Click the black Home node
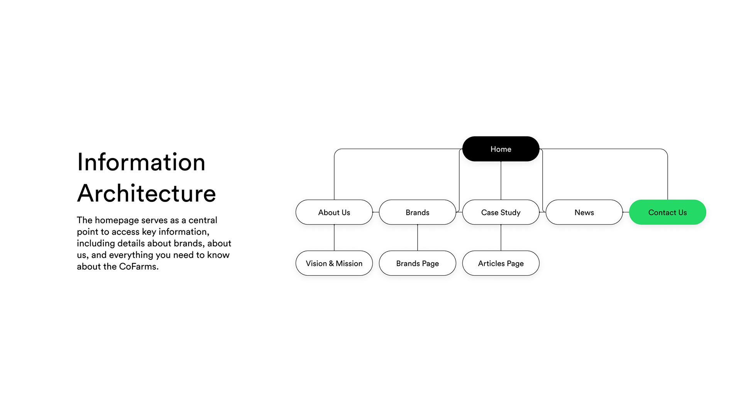click(x=501, y=149)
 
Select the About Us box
click(x=334, y=212)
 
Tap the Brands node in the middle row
click(x=418, y=212)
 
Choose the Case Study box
click(x=501, y=212)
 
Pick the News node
click(x=584, y=212)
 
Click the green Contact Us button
click(x=668, y=212)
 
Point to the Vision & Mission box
click(x=334, y=263)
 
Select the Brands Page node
click(x=418, y=263)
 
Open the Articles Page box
click(x=501, y=263)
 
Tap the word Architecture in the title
click(x=147, y=193)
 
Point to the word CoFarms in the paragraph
click(x=137, y=266)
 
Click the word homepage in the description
click(x=117, y=220)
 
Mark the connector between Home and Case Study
click(x=501, y=180)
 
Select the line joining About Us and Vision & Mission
click(x=334, y=237)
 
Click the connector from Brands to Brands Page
click(x=418, y=237)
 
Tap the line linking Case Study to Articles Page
click(x=501, y=237)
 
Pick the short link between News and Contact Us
click(x=626, y=212)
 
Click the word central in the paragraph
click(x=203, y=220)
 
